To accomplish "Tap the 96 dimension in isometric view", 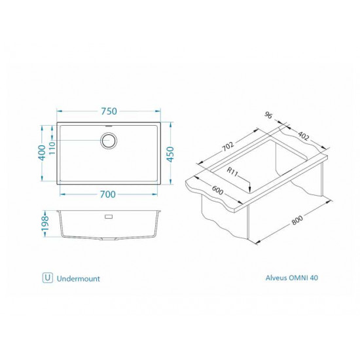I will [268, 115].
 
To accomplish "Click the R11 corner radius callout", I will [232, 173].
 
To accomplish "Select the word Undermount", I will [78, 278].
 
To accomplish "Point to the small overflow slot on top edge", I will [108, 124].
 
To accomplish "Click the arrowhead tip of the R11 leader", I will [250, 191].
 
